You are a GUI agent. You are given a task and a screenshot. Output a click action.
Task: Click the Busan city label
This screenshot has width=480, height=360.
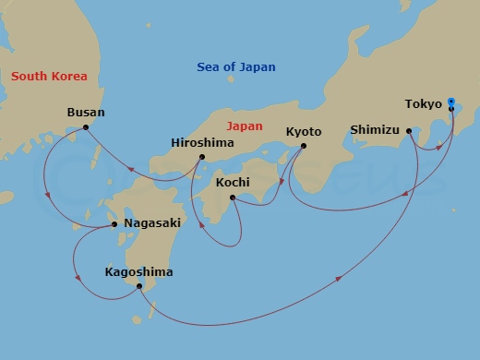(x=86, y=113)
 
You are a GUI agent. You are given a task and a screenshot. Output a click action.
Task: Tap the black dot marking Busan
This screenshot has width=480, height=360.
(x=86, y=127)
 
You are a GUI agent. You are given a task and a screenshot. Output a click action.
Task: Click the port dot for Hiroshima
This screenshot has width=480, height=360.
(x=202, y=156)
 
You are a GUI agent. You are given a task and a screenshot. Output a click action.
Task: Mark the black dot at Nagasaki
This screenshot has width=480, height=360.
(x=114, y=223)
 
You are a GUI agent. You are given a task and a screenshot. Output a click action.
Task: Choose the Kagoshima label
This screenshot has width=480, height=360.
(x=138, y=272)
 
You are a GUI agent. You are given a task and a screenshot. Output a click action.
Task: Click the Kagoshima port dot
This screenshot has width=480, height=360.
(x=138, y=286)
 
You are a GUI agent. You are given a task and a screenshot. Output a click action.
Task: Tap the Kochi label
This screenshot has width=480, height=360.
(x=232, y=183)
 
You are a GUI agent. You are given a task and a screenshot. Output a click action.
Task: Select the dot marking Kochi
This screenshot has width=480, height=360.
(x=232, y=198)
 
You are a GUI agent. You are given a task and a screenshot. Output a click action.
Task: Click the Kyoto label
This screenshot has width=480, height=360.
(x=304, y=131)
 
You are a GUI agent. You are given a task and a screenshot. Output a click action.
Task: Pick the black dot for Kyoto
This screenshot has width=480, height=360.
(x=304, y=145)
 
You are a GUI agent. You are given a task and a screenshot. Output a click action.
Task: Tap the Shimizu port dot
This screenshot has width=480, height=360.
(x=408, y=131)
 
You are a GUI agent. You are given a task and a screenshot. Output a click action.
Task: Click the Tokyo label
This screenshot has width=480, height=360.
(x=424, y=104)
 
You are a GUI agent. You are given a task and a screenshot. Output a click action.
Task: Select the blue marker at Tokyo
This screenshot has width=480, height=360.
(x=450, y=102)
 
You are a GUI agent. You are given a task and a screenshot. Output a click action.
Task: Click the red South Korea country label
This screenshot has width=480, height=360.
(x=49, y=77)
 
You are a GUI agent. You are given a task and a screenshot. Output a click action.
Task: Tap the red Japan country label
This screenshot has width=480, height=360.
(x=245, y=126)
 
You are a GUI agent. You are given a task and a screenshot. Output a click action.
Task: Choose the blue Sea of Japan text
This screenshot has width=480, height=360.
(x=236, y=67)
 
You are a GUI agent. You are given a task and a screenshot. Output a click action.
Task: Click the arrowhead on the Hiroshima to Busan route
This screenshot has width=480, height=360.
(x=134, y=170)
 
